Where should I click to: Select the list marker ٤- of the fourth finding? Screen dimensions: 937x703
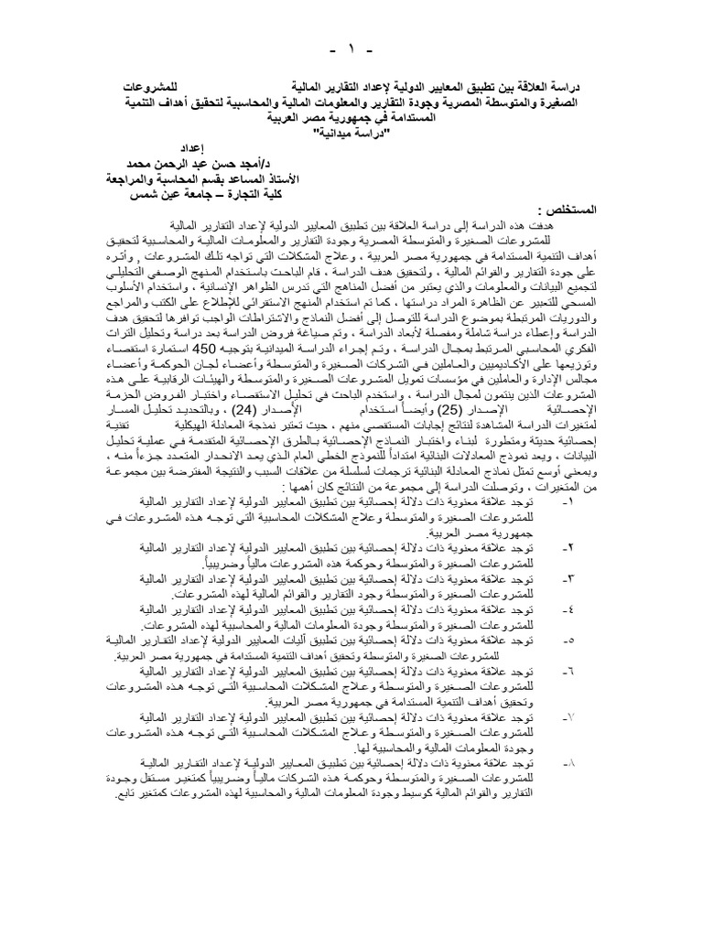(562, 608)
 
